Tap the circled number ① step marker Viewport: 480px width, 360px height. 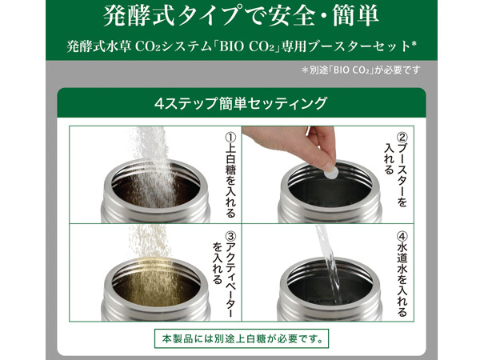(230, 138)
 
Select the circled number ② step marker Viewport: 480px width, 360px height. (402, 138)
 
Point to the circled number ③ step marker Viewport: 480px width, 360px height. (230, 236)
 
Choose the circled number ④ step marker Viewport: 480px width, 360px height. (402, 236)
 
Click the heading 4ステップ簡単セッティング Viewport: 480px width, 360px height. (241, 103)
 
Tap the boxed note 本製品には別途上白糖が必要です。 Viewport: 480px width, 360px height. (242, 338)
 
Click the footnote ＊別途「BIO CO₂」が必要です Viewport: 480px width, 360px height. (361, 70)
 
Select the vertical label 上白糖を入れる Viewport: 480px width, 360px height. (230, 181)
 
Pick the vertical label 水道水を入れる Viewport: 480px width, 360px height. (402, 280)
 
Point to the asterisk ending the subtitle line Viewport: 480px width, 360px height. (414, 44)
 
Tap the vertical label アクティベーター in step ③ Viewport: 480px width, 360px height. (230, 280)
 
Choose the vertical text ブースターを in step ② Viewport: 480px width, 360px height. (402, 176)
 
